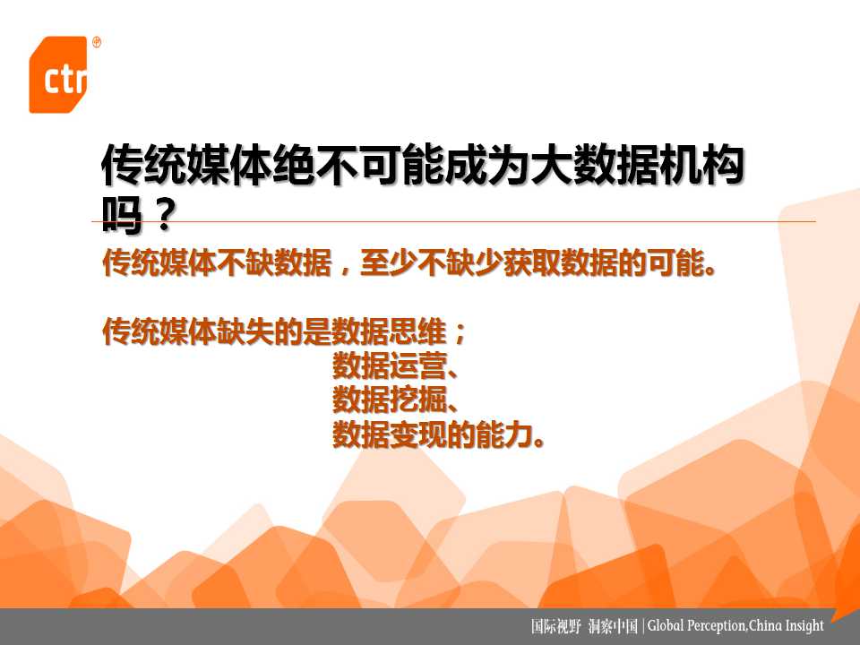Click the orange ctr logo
click(x=58, y=74)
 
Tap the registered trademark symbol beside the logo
click(x=97, y=42)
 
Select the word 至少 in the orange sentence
click(x=388, y=262)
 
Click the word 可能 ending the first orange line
click(x=675, y=262)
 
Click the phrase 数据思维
click(x=389, y=331)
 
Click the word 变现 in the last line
click(x=418, y=435)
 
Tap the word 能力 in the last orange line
click(x=504, y=435)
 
